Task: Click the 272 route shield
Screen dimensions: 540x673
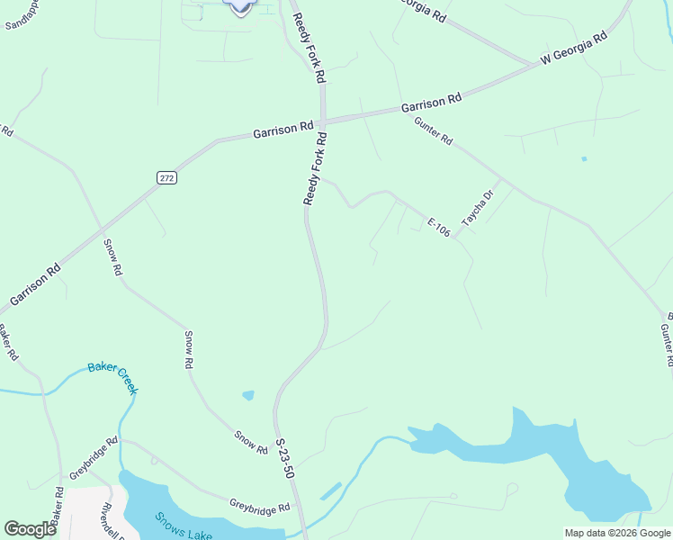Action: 166,178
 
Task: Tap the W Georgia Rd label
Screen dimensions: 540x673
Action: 574,49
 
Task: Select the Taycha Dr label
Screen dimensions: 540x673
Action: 478,208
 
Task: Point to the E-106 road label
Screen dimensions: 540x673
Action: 438,228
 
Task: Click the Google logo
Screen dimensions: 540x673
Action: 30,529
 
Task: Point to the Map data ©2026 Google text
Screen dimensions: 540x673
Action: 617,533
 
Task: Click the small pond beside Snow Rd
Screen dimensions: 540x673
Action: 248,394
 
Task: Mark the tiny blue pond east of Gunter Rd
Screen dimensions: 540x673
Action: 584,159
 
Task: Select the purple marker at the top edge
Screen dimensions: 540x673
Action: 240,5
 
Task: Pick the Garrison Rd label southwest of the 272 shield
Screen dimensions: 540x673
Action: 35,283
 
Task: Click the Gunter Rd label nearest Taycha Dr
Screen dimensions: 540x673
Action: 434,132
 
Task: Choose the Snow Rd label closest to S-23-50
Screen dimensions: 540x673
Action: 251,441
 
